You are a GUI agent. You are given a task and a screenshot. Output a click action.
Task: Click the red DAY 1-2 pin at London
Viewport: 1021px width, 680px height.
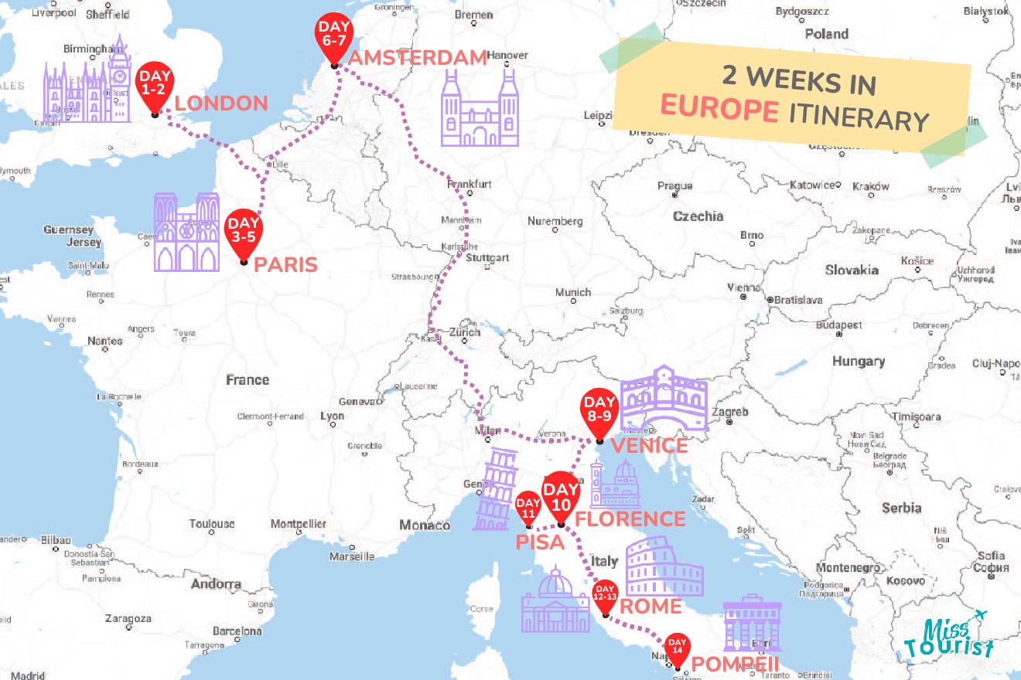point(155,85)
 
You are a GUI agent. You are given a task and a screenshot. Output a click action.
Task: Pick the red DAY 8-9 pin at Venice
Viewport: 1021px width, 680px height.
point(599,410)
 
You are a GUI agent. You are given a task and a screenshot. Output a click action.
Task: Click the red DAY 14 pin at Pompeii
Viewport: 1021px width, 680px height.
point(678,648)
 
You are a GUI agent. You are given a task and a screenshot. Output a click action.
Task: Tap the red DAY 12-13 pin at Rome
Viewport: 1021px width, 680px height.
point(605,595)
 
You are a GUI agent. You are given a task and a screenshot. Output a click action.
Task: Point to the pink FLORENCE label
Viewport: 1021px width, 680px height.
point(630,518)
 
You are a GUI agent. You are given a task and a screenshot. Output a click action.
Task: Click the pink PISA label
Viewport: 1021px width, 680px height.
point(541,542)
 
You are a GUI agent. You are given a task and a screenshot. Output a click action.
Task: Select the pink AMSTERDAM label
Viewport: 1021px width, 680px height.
point(418,58)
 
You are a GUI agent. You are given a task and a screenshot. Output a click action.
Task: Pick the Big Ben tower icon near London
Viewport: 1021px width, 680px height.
point(118,77)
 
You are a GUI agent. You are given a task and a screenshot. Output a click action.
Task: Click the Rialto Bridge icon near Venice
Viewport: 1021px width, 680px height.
point(664,399)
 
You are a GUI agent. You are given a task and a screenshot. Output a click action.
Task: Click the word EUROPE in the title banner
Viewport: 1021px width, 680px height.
point(719,109)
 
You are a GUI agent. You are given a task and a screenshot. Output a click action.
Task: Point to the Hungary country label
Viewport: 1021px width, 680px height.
point(858,362)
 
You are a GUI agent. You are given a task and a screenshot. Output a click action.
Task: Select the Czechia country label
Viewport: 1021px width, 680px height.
point(698,216)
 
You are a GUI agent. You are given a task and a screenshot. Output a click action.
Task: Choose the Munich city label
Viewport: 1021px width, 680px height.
point(573,292)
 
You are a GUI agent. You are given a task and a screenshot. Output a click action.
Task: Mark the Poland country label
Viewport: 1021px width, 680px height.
point(826,34)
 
